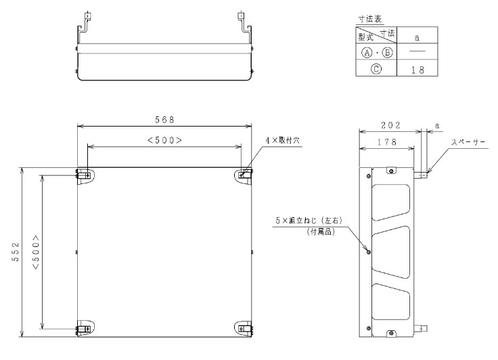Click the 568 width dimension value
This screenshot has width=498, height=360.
(x=164, y=119)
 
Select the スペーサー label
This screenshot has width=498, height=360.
(x=469, y=142)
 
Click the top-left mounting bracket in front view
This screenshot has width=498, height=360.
(x=85, y=175)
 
